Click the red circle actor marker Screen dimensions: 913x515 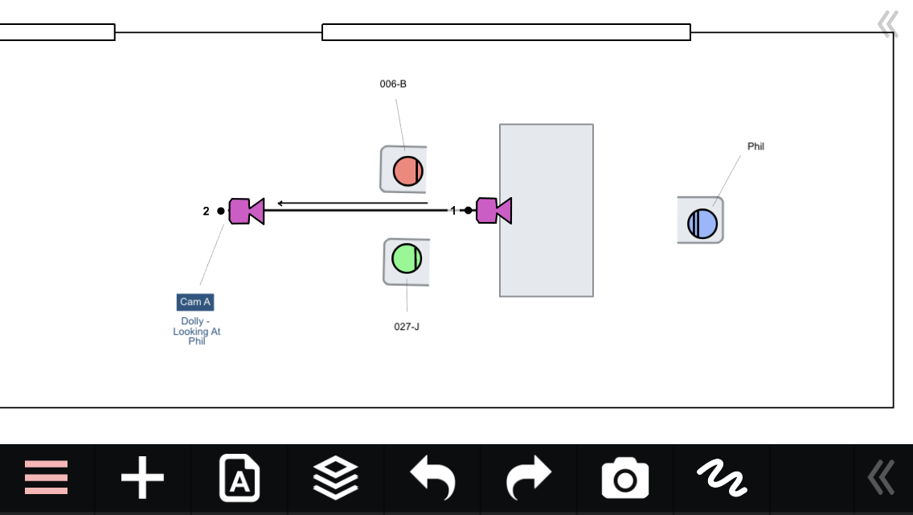pos(407,171)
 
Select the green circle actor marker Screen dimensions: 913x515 pos(407,258)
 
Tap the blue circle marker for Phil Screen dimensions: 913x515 pos(702,224)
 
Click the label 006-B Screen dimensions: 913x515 pos(393,84)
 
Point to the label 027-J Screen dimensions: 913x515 pos(407,327)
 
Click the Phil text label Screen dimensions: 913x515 pos(755,146)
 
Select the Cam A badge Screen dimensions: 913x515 pos(195,302)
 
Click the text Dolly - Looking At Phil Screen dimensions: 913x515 pos(197,332)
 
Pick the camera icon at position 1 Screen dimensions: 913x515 pos(493,211)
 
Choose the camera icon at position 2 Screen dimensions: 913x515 pos(246,211)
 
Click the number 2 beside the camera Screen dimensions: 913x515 pos(206,211)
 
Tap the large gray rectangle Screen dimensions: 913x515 pos(547,211)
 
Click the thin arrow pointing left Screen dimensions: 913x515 pos(352,203)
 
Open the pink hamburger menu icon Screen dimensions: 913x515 pos(46,478)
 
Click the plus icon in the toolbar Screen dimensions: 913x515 pos(143,478)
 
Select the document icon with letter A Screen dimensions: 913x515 pos(240,478)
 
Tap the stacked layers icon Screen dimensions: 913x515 pos(335,478)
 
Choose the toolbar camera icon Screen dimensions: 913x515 pos(624,478)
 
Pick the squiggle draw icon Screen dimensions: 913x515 pos(722,478)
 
